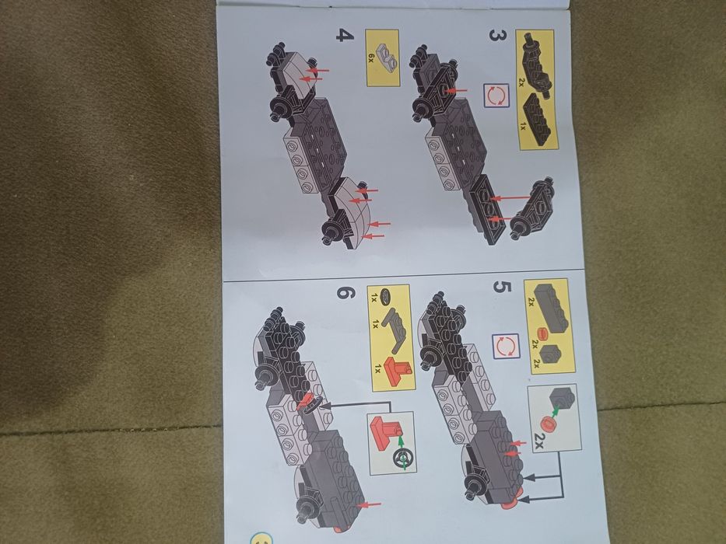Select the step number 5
503,288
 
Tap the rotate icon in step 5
504,347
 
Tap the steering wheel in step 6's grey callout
404,458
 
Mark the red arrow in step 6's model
373,504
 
